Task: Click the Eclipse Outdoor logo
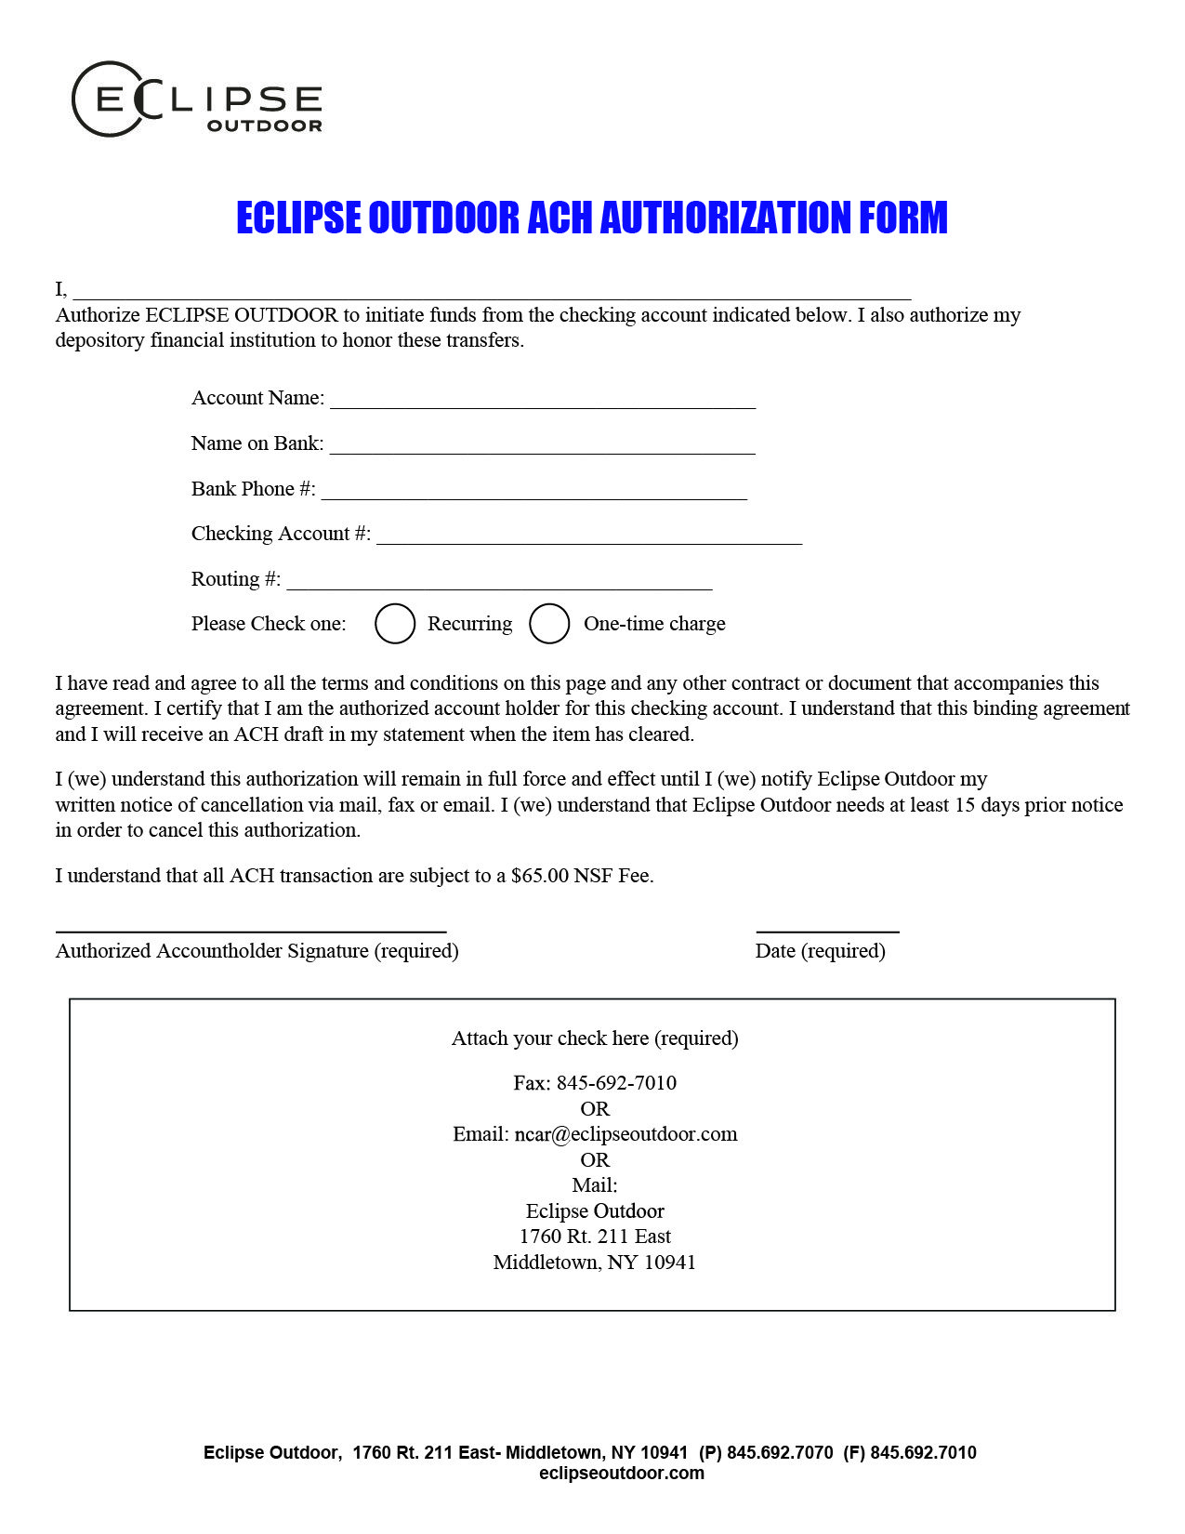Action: (197, 99)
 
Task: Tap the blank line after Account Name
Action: (543, 400)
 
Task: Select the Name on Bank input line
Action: (543, 445)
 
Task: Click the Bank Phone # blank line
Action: (534, 491)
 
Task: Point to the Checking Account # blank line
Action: (589, 536)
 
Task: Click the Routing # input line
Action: (499, 581)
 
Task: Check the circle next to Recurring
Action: (395, 624)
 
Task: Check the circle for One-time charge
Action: (549, 624)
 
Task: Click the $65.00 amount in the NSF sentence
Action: (539, 876)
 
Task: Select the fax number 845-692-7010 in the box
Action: (616, 1083)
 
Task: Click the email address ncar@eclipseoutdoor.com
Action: (625, 1134)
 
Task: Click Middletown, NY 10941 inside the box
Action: (595, 1263)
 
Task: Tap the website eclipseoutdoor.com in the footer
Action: (621, 1473)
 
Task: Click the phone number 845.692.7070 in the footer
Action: (780, 1452)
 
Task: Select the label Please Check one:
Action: (269, 624)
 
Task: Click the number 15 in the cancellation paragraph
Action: (965, 805)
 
